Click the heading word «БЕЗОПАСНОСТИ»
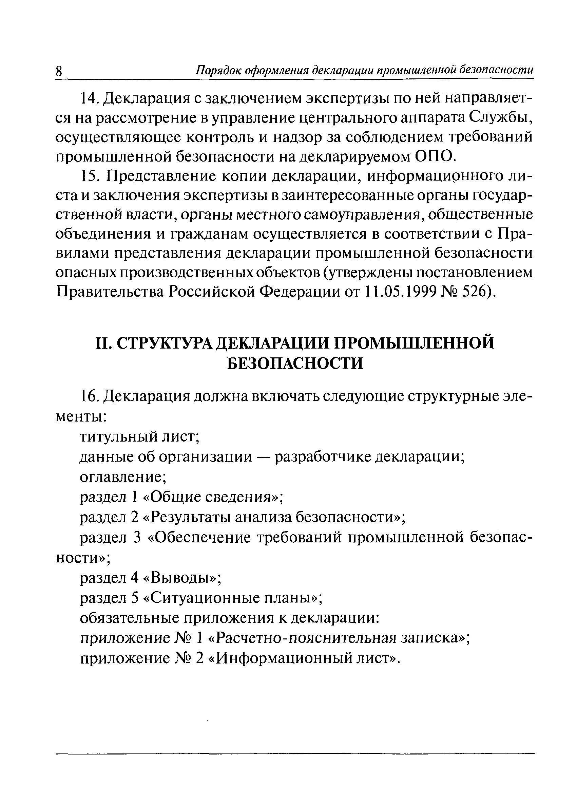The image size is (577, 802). point(295,363)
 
